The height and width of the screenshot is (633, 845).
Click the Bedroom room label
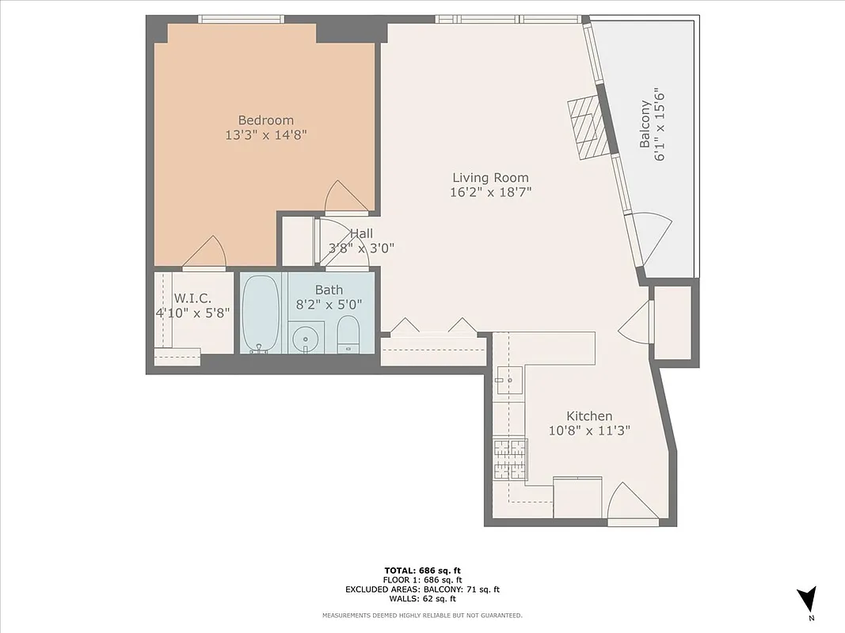[265, 120]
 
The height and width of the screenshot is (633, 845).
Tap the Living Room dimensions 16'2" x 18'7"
[490, 192]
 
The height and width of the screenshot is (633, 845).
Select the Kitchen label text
[588, 416]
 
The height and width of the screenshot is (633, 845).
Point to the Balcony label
[645, 124]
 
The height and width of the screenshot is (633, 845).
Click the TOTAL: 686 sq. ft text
[422, 570]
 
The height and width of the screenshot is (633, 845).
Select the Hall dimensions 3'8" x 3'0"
[361, 248]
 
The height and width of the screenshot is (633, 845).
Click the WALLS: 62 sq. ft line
[422, 599]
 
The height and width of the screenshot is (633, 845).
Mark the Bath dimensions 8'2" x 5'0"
[329, 304]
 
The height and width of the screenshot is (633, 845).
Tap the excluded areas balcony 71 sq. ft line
[422, 589]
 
